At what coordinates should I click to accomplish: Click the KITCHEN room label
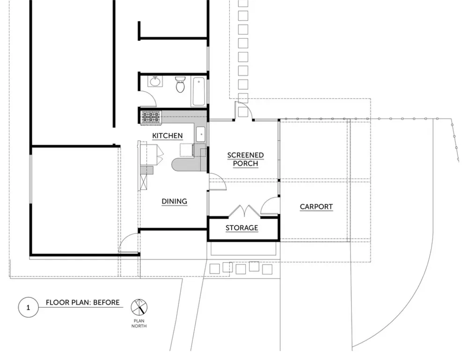point(167,136)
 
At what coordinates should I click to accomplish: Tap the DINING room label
point(174,202)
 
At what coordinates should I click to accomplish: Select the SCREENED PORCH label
point(245,159)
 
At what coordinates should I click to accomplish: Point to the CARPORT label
point(316,207)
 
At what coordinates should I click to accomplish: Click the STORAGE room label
point(242,228)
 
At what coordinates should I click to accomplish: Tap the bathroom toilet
point(180,84)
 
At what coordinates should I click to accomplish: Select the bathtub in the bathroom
point(198,91)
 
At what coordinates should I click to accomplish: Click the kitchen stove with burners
point(151,117)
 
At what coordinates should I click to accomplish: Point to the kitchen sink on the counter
point(201,134)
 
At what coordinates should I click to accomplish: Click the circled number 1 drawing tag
point(29,308)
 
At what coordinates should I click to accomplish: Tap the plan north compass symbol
point(139,307)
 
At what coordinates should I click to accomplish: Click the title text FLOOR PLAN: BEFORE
point(83,302)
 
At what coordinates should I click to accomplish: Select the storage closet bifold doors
point(244,210)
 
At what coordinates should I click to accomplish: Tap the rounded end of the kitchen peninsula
point(177,165)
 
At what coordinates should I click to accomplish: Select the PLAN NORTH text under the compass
point(139,324)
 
